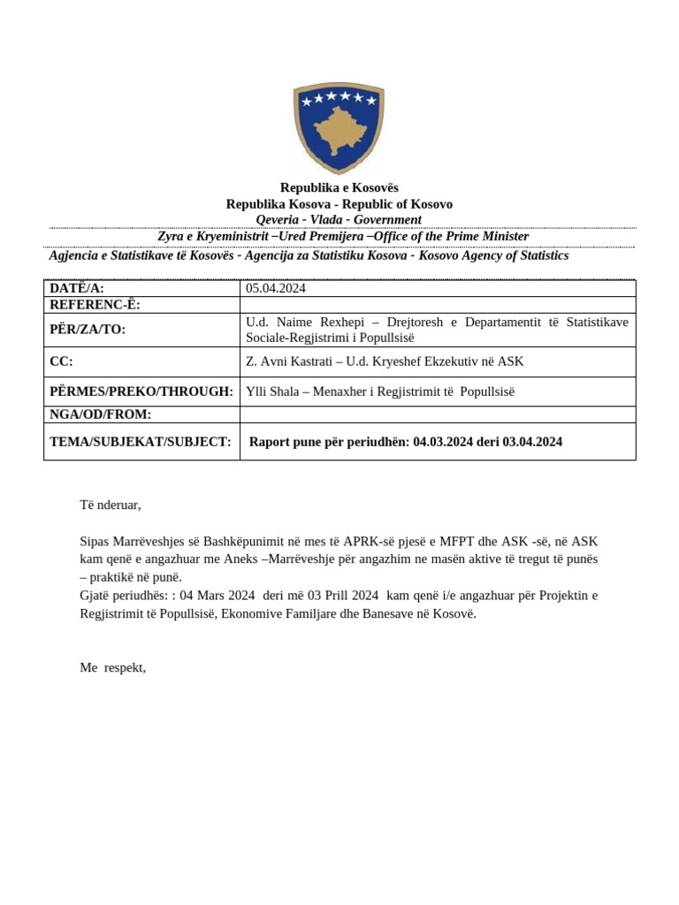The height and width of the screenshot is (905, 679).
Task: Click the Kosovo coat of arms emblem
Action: coord(339,127)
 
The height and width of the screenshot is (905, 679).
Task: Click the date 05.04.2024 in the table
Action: coord(276,288)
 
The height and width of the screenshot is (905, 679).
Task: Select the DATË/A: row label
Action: coord(77,288)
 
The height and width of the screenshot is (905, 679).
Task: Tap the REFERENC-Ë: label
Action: coord(95,305)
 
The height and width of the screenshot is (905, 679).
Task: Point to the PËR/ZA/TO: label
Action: coord(88,330)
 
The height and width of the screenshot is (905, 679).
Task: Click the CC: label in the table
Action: coord(61,361)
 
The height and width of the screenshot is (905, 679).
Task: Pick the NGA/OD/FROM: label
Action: coord(100,414)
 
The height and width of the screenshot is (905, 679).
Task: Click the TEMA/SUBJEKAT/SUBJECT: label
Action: coord(140,442)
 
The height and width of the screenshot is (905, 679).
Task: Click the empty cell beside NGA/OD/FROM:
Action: coord(437,414)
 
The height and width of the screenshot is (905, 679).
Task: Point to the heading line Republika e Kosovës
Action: coord(339,187)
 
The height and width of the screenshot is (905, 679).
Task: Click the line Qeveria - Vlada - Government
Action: coord(339,219)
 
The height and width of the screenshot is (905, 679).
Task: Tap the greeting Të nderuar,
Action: coord(111,505)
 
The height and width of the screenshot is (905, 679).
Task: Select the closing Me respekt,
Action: coord(112,667)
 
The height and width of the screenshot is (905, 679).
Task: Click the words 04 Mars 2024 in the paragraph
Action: coord(217,595)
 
